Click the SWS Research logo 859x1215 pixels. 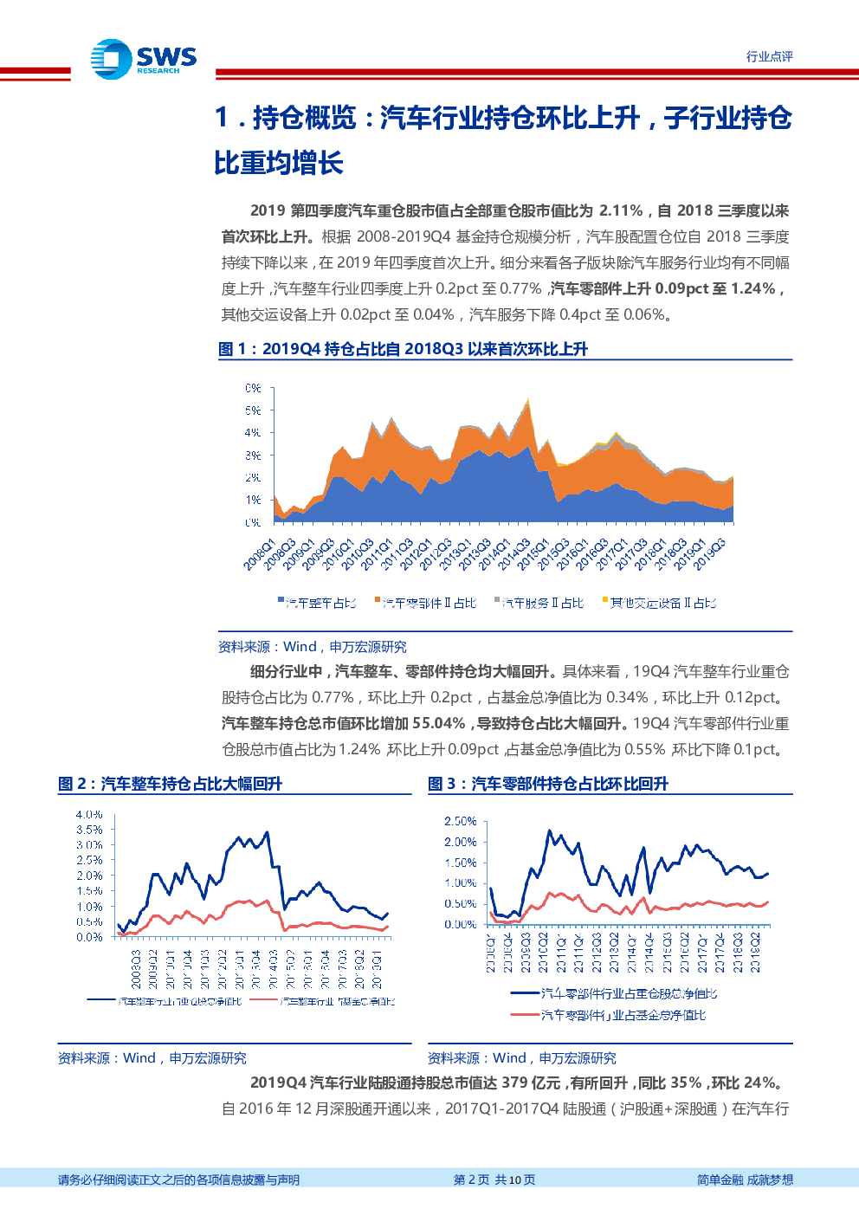[x=144, y=60]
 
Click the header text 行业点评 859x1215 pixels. [x=769, y=56]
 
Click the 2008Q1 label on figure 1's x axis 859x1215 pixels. [x=259, y=554]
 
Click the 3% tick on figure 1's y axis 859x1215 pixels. [x=253, y=455]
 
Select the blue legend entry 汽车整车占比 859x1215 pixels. [x=317, y=603]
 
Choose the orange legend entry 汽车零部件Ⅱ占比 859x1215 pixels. [x=426, y=603]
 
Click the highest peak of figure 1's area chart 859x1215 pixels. [x=526, y=400]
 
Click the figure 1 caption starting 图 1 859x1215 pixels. [x=403, y=349]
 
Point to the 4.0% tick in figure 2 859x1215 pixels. [x=89, y=815]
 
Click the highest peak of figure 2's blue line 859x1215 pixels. [x=267, y=832]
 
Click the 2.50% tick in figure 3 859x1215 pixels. [x=460, y=821]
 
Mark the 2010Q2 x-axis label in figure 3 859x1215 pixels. [x=543, y=953]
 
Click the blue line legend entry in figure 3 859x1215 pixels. [x=614, y=993]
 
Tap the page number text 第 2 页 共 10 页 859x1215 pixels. [x=494, y=1179]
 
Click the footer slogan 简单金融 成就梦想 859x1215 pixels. [x=745, y=1179]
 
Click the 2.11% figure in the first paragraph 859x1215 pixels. [x=621, y=210]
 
